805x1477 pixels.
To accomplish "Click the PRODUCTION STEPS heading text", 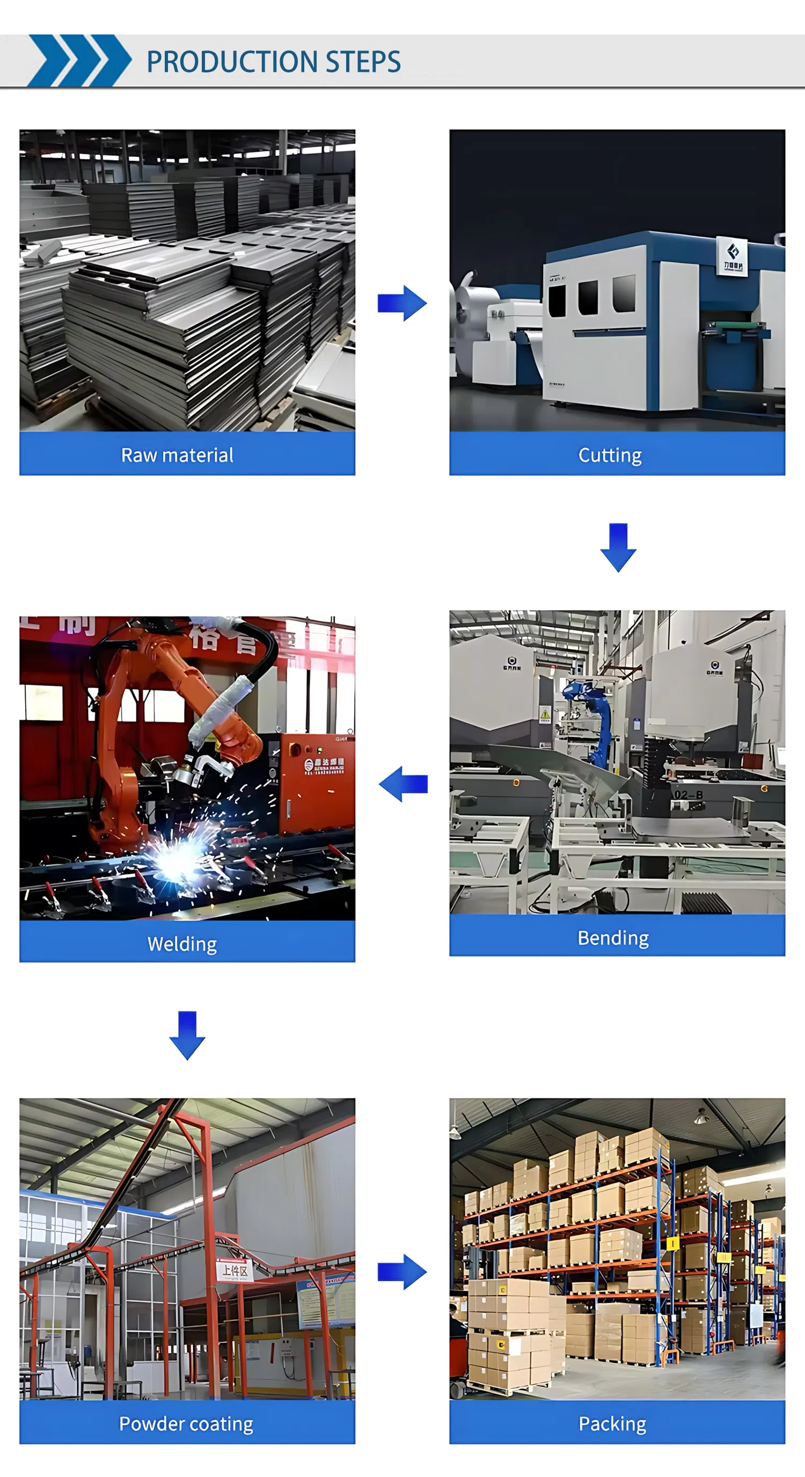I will click(x=274, y=62).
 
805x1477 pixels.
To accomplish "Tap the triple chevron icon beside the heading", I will click(x=79, y=61).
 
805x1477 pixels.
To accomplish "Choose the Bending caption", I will click(x=613, y=937).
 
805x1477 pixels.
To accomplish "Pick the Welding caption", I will click(x=182, y=944).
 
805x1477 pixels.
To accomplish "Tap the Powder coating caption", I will click(x=186, y=1423).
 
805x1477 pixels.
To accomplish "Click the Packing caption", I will click(x=612, y=1423).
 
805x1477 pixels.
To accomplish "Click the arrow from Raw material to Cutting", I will click(x=402, y=303).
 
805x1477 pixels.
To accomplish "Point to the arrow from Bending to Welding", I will click(x=404, y=784).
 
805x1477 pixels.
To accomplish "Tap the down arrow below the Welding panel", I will click(x=187, y=1035).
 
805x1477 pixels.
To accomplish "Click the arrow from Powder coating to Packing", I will click(x=402, y=1272).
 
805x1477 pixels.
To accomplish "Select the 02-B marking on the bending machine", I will click(x=688, y=795).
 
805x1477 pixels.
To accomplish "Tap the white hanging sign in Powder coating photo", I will click(x=235, y=1270).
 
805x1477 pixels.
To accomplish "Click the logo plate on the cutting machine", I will click(x=733, y=256).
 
